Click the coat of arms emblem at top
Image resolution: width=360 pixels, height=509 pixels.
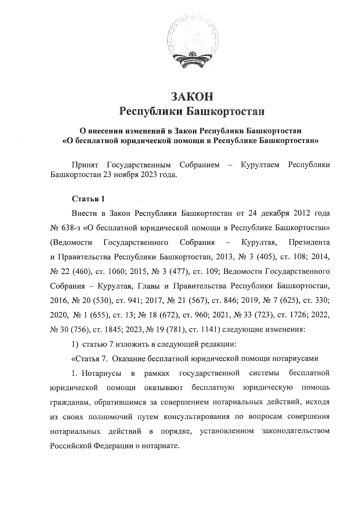pyautogui.click(x=192, y=44)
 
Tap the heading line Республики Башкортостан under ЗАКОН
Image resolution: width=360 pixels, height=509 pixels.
pyautogui.click(x=192, y=111)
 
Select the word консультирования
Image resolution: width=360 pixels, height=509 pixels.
pyautogui.click(x=197, y=417)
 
